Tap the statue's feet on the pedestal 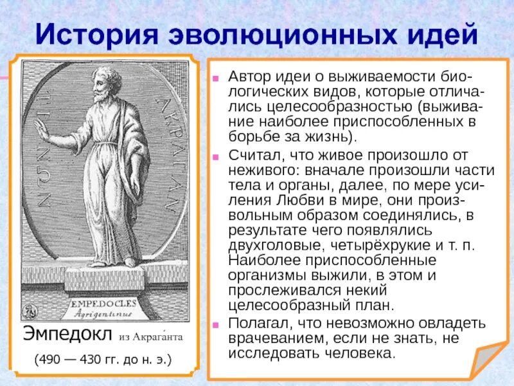(x=112, y=262)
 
